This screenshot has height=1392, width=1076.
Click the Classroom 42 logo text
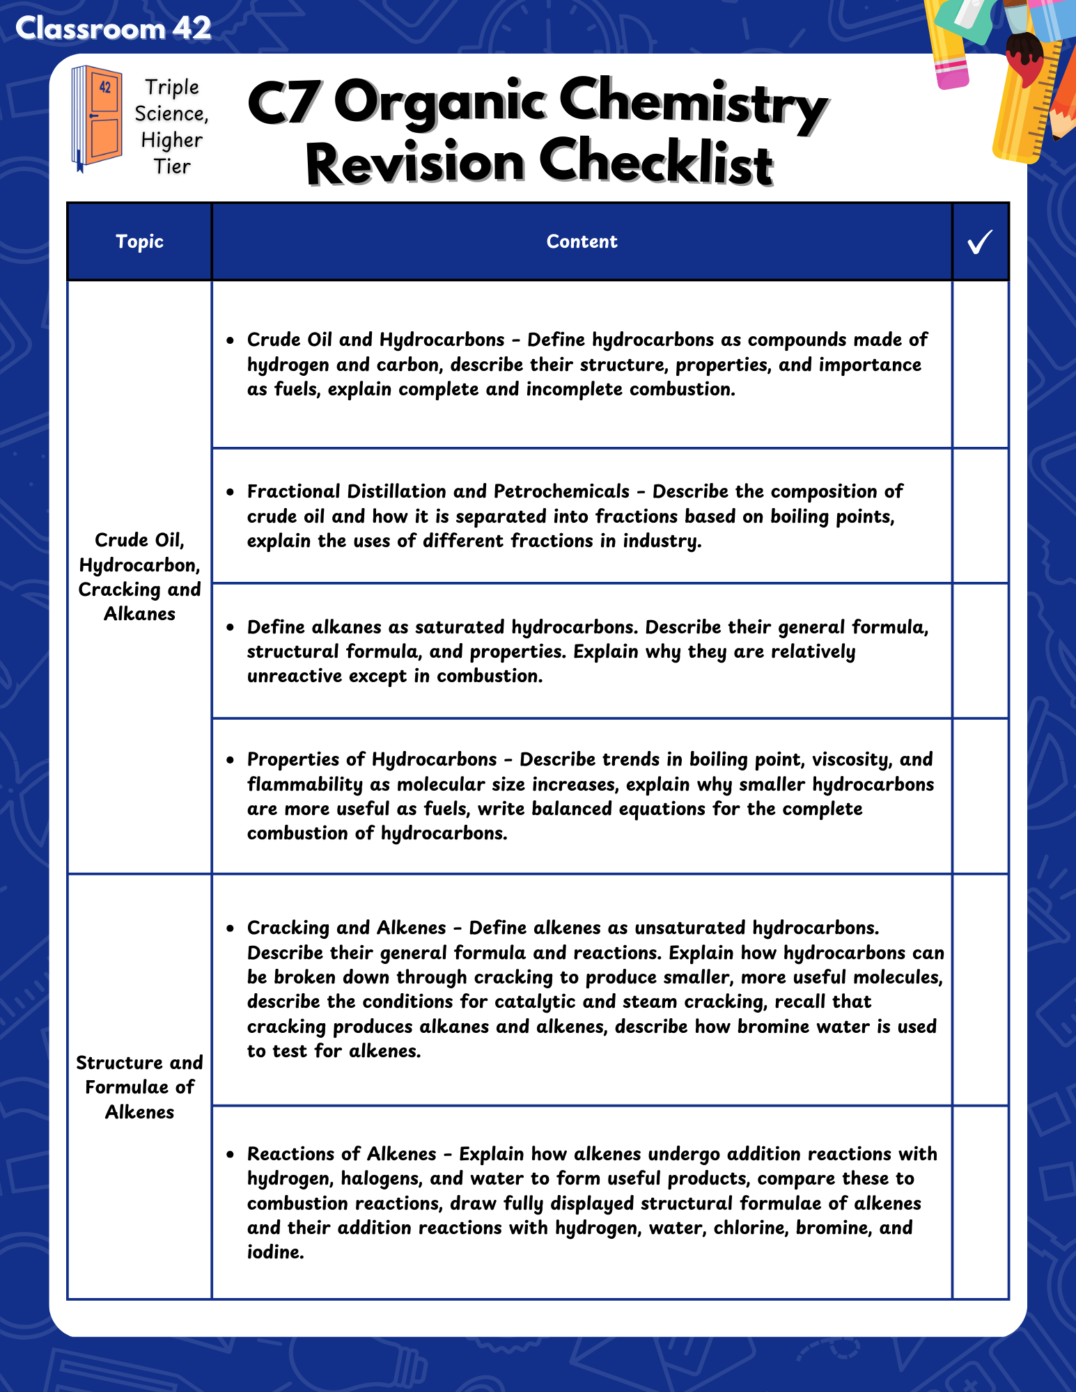pyautogui.click(x=113, y=29)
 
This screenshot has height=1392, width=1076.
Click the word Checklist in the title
pyautogui.click(x=655, y=163)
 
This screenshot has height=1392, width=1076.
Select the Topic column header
pyautogui.click(x=139, y=242)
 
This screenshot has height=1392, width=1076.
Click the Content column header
pyautogui.click(x=582, y=242)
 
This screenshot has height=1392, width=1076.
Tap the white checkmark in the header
pyautogui.click(x=979, y=242)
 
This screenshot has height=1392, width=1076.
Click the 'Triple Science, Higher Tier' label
pyautogui.click(x=171, y=127)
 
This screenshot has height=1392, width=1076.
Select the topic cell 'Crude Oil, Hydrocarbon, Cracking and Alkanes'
pyautogui.click(x=139, y=576)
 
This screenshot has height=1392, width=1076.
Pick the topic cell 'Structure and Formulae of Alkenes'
pyautogui.click(x=139, y=1086)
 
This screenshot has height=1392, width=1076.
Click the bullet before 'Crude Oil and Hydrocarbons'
pyautogui.click(x=231, y=340)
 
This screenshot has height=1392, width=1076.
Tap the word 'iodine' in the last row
pyautogui.click(x=274, y=1252)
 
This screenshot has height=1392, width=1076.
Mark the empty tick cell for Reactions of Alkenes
pyautogui.click(x=980, y=1202)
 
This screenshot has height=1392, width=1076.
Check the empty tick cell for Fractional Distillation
pyautogui.click(x=980, y=516)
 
